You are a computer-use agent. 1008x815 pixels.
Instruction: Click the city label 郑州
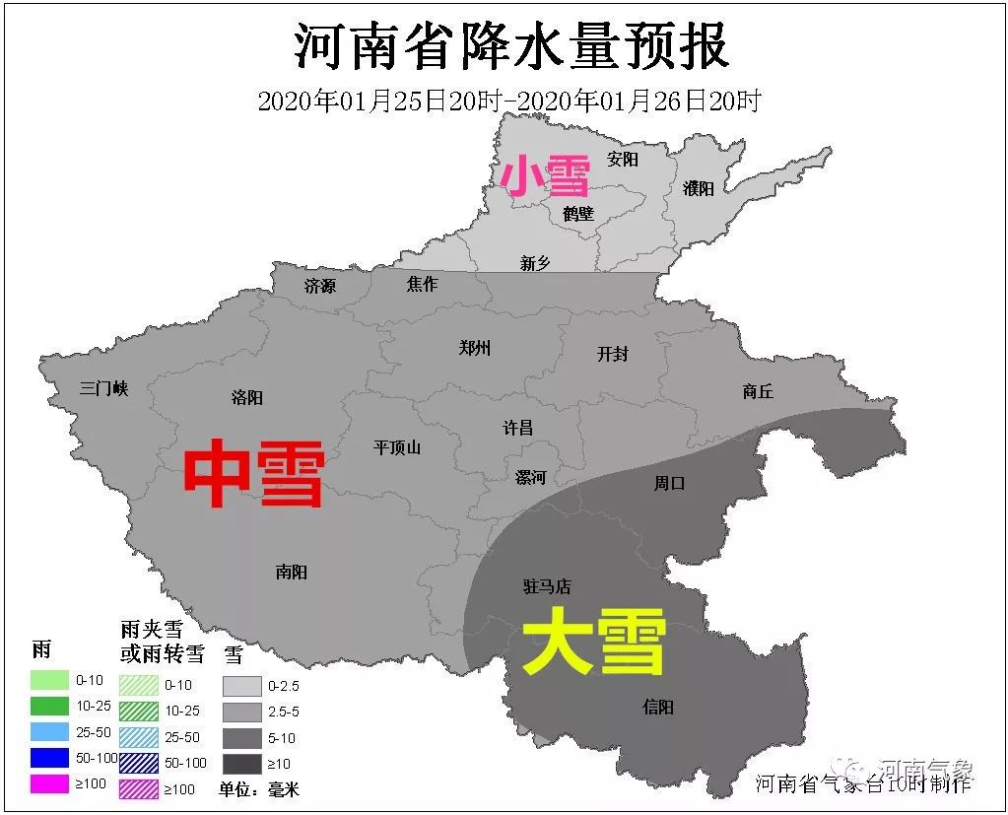pyautogui.click(x=475, y=348)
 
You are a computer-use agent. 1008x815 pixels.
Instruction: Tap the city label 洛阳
pyautogui.click(x=247, y=397)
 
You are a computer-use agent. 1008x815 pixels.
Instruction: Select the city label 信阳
pyautogui.click(x=658, y=707)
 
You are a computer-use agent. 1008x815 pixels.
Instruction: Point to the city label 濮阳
pyautogui.click(x=699, y=188)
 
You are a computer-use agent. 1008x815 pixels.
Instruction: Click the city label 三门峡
pyautogui.click(x=104, y=388)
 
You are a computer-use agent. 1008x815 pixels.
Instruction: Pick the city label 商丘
pyautogui.click(x=758, y=391)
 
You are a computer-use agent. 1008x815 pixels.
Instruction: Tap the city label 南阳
pyautogui.click(x=292, y=572)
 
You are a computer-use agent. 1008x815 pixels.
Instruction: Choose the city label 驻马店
pyautogui.click(x=547, y=586)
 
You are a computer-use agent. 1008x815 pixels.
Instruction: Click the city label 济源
pyautogui.click(x=320, y=286)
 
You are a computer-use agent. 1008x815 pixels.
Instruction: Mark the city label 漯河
pyautogui.click(x=530, y=477)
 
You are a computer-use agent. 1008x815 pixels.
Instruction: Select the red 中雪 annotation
pyautogui.click(x=254, y=474)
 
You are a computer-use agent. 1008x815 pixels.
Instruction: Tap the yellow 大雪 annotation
pyautogui.click(x=594, y=642)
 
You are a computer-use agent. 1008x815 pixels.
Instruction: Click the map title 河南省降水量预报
pyautogui.click(x=511, y=45)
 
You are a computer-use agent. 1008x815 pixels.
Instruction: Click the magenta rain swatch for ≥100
pyautogui.click(x=48, y=785)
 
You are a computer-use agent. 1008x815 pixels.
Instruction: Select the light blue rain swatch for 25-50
pyautogui.click(x=48, y=732)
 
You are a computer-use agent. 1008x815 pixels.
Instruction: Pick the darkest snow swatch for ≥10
pyautogui.click(x=241, y=764)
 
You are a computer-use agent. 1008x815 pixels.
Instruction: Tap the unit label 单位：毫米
pyautogui.click(x=259, y=789)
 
